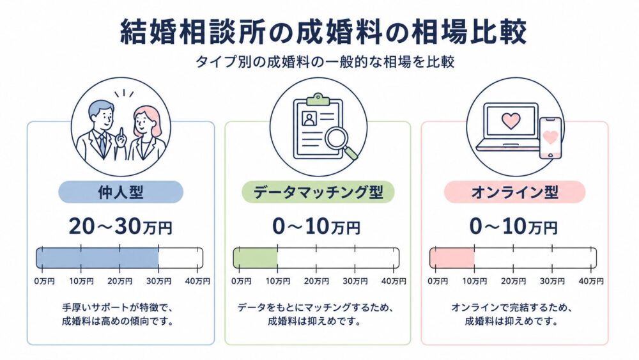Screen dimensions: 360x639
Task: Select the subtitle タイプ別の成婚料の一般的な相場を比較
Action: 319,63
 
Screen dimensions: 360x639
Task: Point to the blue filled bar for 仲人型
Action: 97,257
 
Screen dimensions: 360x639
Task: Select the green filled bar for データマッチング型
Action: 255,257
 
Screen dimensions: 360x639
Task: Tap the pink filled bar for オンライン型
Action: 452,257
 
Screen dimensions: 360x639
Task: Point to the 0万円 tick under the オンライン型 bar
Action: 437,281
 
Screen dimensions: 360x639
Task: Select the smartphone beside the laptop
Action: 550,137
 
